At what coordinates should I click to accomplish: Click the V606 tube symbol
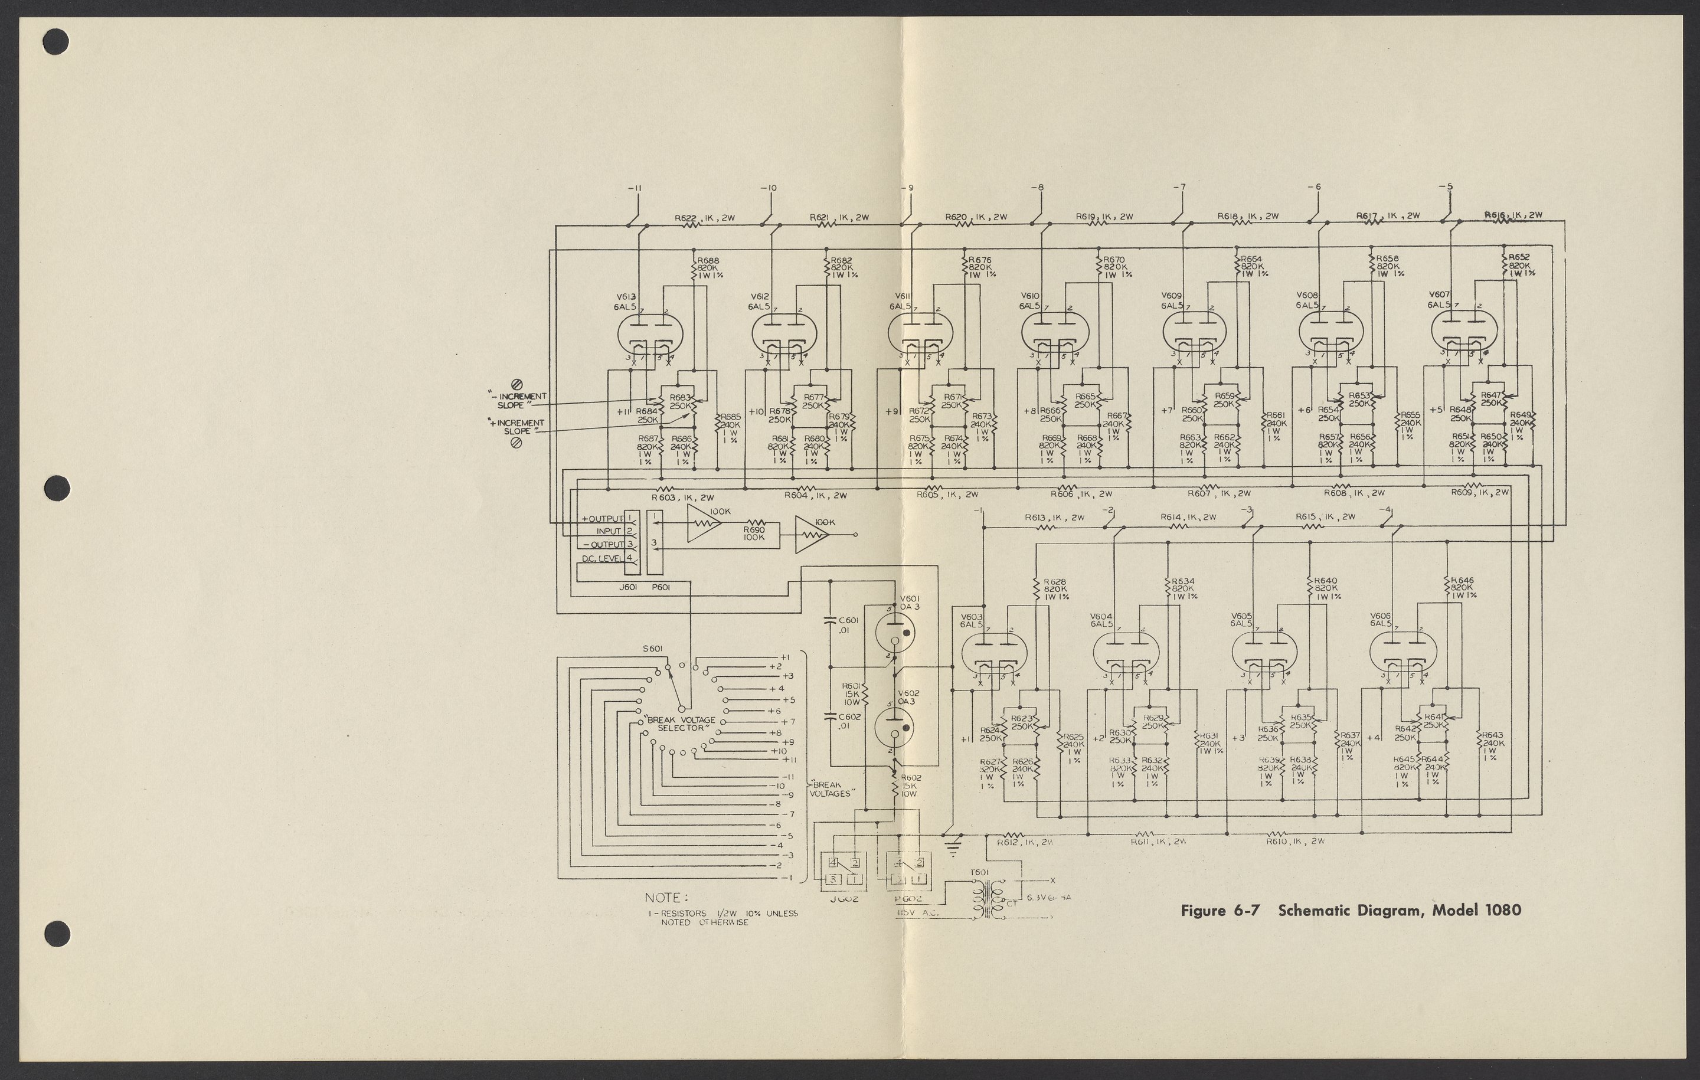(1401, 652)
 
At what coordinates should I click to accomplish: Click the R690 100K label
(754, 533)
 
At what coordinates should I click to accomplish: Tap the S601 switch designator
(158, 649)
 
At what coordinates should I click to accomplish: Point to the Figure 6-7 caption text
(1351, 910)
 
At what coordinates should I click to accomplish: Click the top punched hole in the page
(57, 42)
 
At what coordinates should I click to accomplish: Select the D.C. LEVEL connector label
(602, 558)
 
